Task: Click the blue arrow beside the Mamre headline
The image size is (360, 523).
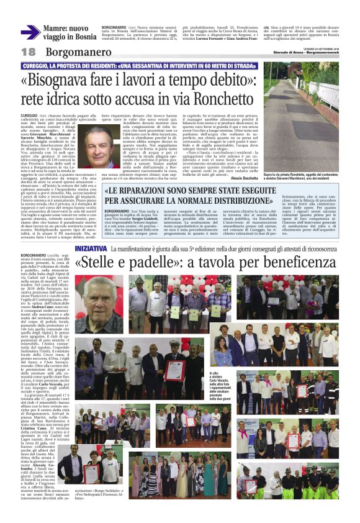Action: (x=29, y=32)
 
